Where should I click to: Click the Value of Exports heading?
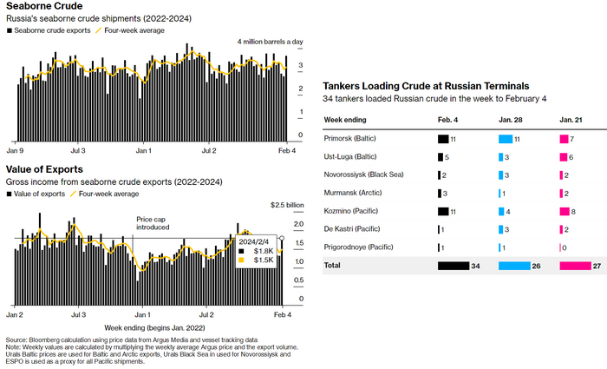(x=44, y=169)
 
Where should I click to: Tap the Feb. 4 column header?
(x=447, y=120)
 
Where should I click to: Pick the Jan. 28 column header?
(x=511, y=120)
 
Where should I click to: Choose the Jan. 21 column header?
(x=571, y=120)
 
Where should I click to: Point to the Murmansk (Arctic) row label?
(x=350, y=193)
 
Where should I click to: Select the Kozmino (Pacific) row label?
(x=349, y=211)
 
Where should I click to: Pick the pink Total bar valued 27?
(x=575, y=265)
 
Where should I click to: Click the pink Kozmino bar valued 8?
(x=565, y=211)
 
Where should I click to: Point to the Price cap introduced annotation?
(x=153, y=223)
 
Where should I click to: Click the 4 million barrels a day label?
(x=270, y=42)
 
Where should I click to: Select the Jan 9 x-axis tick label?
(x=16, y=150)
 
